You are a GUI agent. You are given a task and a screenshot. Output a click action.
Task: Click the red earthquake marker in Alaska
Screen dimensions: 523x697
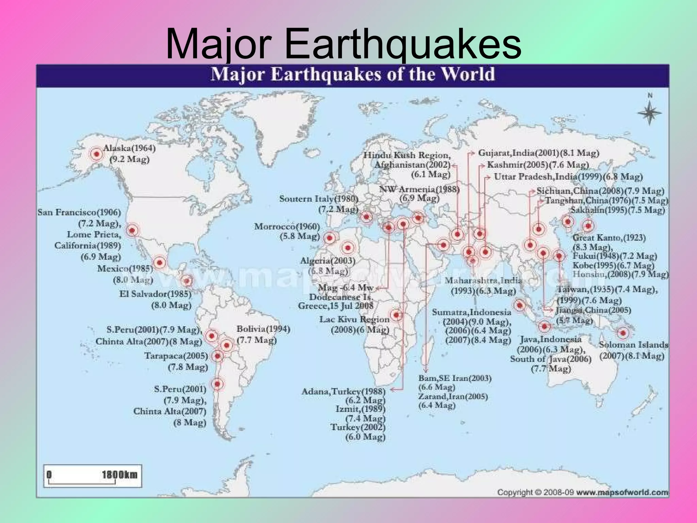point(97,154)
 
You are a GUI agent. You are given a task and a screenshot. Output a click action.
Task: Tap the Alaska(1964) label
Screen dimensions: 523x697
point(129,149)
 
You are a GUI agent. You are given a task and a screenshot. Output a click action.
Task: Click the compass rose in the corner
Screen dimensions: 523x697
point(649,113)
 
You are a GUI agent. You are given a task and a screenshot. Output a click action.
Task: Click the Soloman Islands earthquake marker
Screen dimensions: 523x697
point(623,333)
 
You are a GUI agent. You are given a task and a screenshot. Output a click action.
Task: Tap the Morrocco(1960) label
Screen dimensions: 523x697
point(287,227)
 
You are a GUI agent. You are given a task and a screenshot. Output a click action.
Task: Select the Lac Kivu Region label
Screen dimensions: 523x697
point(354,320)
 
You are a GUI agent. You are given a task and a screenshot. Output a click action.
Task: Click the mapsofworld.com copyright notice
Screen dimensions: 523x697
point(582,492)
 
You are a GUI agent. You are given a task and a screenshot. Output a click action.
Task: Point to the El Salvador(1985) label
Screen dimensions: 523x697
point(155,294)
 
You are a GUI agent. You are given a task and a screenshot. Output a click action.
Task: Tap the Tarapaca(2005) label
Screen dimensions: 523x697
point(176,356)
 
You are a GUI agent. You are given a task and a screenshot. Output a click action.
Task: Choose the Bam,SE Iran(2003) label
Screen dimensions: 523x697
point(455,378)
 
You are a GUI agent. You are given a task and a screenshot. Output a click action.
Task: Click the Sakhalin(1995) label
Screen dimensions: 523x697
point(617,210)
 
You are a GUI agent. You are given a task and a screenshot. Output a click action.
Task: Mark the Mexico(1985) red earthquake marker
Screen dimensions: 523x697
point(159,263)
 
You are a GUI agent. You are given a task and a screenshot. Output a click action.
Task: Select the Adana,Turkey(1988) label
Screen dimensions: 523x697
point(343,392)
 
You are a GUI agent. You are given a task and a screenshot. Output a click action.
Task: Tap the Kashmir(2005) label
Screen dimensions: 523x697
point(538,165)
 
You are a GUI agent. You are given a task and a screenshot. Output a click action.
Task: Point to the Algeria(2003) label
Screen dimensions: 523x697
point(327,261)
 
